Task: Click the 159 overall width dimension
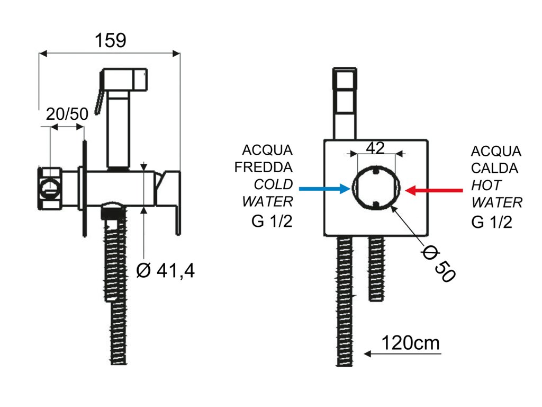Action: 110,40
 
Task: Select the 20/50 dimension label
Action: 67,114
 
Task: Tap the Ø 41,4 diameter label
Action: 165,271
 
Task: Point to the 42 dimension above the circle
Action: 375,148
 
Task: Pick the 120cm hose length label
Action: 411,343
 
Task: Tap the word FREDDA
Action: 264,167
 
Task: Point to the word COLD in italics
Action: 273,184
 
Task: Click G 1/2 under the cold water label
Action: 272,221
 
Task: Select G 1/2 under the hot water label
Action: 492,222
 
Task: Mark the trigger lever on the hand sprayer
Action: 99,102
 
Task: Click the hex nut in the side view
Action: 49,188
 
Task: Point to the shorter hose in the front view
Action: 376,268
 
